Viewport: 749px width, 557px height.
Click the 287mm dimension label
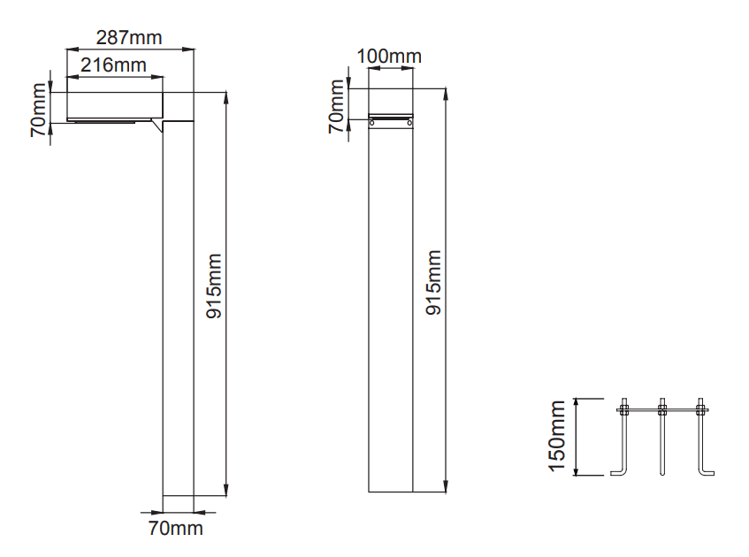click(129, 38)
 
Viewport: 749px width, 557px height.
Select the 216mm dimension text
click(113, 65)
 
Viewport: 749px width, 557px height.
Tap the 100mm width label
click(389, 57)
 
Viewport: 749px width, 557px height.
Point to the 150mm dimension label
click(557, 436)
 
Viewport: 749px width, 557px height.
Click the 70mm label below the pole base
click(175, 529)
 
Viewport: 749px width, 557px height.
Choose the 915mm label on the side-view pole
click(214, 286)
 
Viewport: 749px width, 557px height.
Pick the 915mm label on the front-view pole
click(433, 282)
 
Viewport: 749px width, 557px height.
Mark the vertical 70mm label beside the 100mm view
click(336, 106)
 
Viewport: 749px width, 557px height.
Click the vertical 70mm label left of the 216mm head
click(38, 111)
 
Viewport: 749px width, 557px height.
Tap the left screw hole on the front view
click(372, 123)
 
